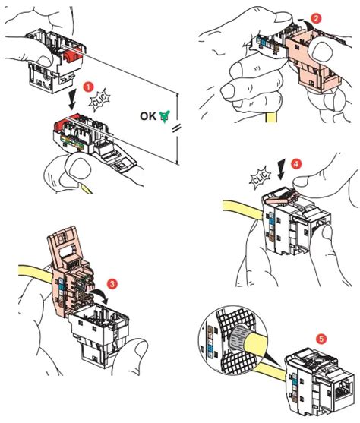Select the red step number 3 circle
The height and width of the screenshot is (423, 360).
[x=112, y=284]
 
